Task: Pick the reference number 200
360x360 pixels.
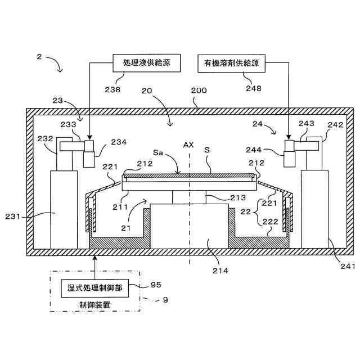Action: coord(199,91)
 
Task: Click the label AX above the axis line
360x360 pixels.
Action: coord(188,145)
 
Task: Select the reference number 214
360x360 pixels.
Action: coord(220,271)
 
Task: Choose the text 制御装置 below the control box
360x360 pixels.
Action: coord(94,304)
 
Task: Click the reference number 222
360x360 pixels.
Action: coord(271,223)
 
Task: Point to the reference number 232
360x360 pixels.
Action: coord(44,137)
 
